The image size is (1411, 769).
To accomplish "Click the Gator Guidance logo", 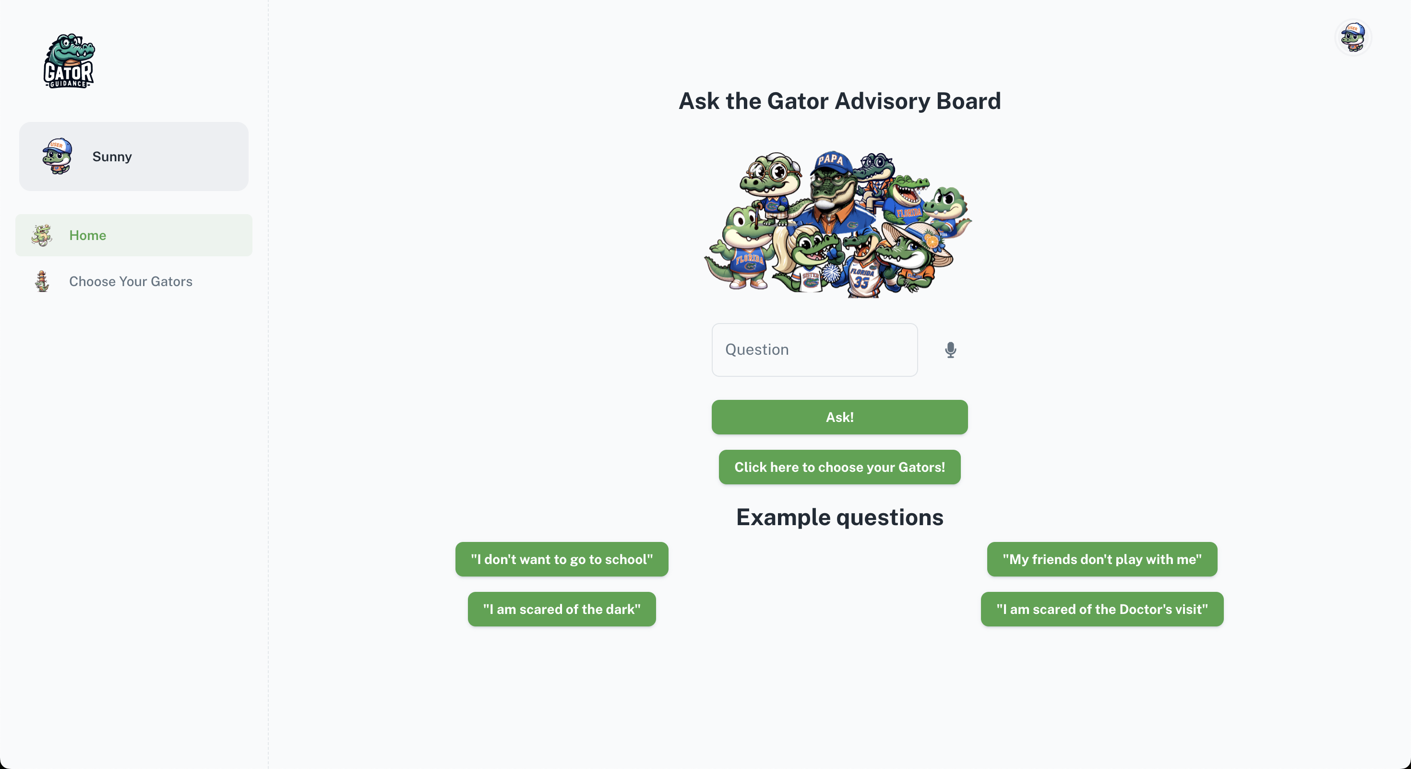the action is pyautogui.click(x=69, y=61).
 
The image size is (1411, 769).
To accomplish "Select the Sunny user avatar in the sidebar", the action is pyautogui.click(x=58, y=156).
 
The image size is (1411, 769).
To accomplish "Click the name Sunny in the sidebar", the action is pyautogui.click(x=112, y=156).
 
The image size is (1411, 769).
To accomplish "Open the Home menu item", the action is pyautogui.click(x=88, y=236).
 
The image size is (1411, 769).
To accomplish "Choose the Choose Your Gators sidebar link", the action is pyautogui.click(x=131, y=281).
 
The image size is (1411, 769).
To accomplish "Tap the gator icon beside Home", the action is pyautogui.click(x=42, y=236).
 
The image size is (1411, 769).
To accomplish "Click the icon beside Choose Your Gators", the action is pyautogui.click(x=42, y=281).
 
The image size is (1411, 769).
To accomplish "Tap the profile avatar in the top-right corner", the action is pyautogui.click(x=1352, y=37).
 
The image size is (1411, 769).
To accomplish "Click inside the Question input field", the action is pyautogui.click(x=814, y=349).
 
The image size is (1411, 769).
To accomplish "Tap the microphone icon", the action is pyautogui.click(x=950, y=349).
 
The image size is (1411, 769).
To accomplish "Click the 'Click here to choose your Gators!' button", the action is pyautogui.click(x=839, y=467).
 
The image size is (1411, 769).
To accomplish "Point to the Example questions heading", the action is pyautogui.click(x=839, y=517).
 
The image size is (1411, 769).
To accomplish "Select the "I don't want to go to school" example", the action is pyautogui.click(x=562, y=559).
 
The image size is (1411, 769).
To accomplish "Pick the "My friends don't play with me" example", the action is pyautogui.click(x=1101, y=559).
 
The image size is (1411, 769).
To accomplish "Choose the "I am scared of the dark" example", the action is pyautogui.click(x=562, y=609).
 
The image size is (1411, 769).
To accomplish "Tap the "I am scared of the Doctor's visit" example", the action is pyautogui.click(x=1101, y=609).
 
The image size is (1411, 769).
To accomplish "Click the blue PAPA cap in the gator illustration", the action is pyautogui.click(x=831, y=162).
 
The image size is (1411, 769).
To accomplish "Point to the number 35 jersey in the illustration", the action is pyautogui.click(x=861, y=280).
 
